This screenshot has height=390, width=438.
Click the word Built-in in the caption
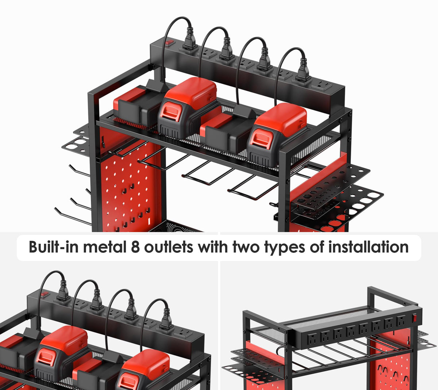53,247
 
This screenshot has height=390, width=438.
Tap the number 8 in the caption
135,247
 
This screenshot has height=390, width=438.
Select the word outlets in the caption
169,247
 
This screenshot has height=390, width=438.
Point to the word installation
368,247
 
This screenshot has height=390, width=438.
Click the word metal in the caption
105,247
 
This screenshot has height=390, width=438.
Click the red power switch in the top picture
169,42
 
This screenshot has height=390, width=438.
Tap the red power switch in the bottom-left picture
45,294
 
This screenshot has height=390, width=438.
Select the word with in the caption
213,247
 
